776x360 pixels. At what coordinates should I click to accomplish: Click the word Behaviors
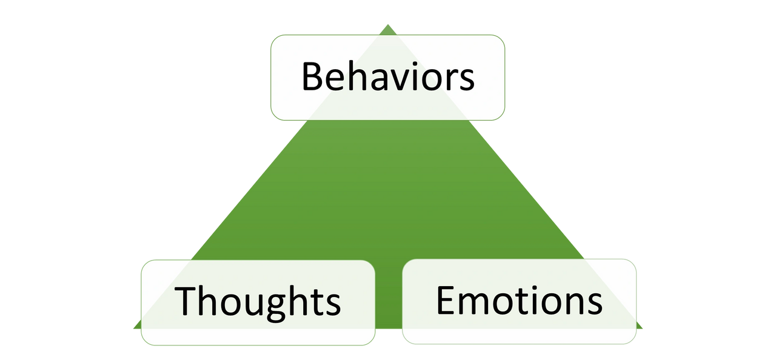click(388, 77)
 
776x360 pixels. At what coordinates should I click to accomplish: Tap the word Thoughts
click(258, 301)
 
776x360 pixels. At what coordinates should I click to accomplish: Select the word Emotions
click(519, 300)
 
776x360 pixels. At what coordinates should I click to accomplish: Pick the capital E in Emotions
click(446, 300)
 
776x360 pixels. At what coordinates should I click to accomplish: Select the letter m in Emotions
click(477, 304)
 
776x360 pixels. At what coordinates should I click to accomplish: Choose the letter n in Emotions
click(571, 304)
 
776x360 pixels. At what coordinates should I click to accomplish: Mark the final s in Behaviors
click(466, 81)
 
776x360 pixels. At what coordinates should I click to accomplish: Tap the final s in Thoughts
click(331, 304)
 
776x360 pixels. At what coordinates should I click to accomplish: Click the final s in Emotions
click(594, 304)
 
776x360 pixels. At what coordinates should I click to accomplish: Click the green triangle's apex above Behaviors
click(388, 25)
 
